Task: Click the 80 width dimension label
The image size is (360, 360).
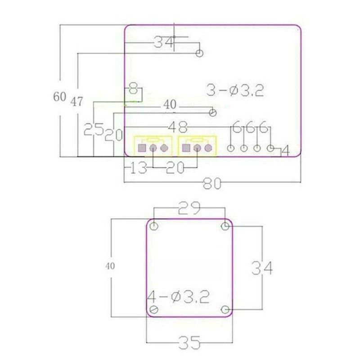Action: (212, 184)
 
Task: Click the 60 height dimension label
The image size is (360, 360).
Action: (60, 97)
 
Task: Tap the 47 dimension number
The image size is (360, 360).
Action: (76, 102)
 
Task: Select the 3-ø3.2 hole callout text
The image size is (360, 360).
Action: (235, 90)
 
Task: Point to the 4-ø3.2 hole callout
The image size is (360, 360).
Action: (178, 297)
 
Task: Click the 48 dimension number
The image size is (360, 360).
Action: (178, 127)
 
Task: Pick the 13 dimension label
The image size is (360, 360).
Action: (139, 167)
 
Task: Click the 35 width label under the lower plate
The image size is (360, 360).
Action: (189, 342)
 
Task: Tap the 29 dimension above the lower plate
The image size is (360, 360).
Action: (189, 208)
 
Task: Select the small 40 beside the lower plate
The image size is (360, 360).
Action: (110, 266)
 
